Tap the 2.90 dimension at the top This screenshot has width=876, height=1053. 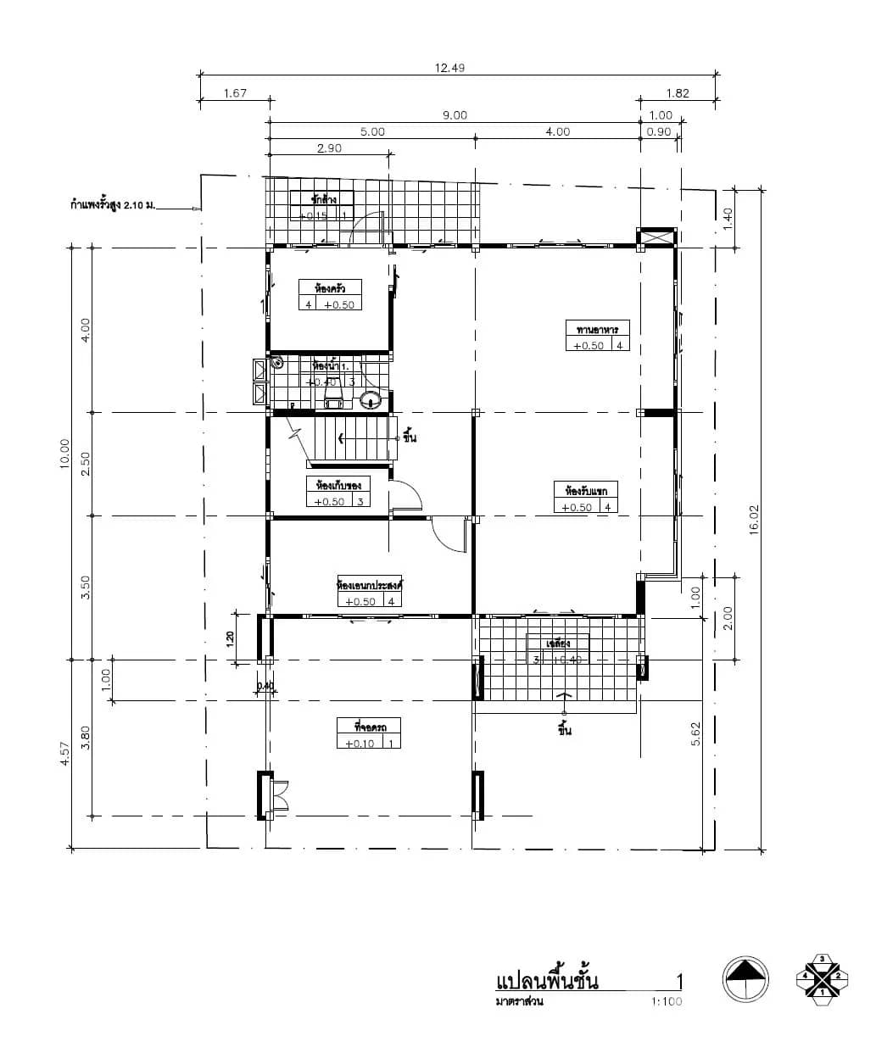pyautogui.click(x=329, y=148)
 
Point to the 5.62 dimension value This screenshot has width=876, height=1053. pyautogui.click(x=695, y=733)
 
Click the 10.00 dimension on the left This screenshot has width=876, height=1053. pyautogui.click(x=65, y=457)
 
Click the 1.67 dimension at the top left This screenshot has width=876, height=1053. pyautogui.click(x=235, y=93)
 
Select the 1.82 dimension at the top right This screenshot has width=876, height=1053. pyautogui.click(x=677, y=93)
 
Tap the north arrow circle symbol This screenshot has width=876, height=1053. pyautogui.click(x=745, y=979)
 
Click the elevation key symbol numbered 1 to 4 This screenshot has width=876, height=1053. pyautogui.click(x=821, y=976)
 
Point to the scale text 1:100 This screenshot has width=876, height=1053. pyautogui.click(x=667, y=1001)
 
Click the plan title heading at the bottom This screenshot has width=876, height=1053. pyautogui.click(x=547, y=982)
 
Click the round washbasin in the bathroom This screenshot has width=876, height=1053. pyautogui.click(x=371, y=399)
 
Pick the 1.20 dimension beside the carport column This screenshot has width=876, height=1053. pyautogui.click(x=231, y=638)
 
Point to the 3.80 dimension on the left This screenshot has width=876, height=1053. pyautogui.click(x=85, y=738)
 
